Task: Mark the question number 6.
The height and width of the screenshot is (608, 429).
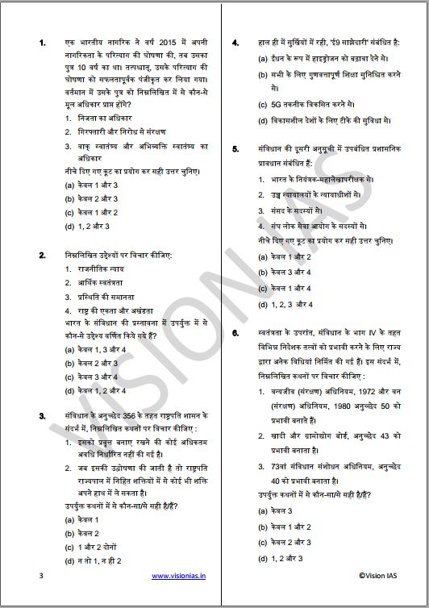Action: tap(234, 331)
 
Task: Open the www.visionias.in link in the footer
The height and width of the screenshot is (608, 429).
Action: tap(178, 576)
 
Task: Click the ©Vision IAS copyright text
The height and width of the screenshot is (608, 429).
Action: tap(380, 576)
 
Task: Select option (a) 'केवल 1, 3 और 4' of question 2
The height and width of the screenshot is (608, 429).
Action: tap(94, 349)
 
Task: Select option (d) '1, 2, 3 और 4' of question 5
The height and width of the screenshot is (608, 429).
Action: tap(291, 304)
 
